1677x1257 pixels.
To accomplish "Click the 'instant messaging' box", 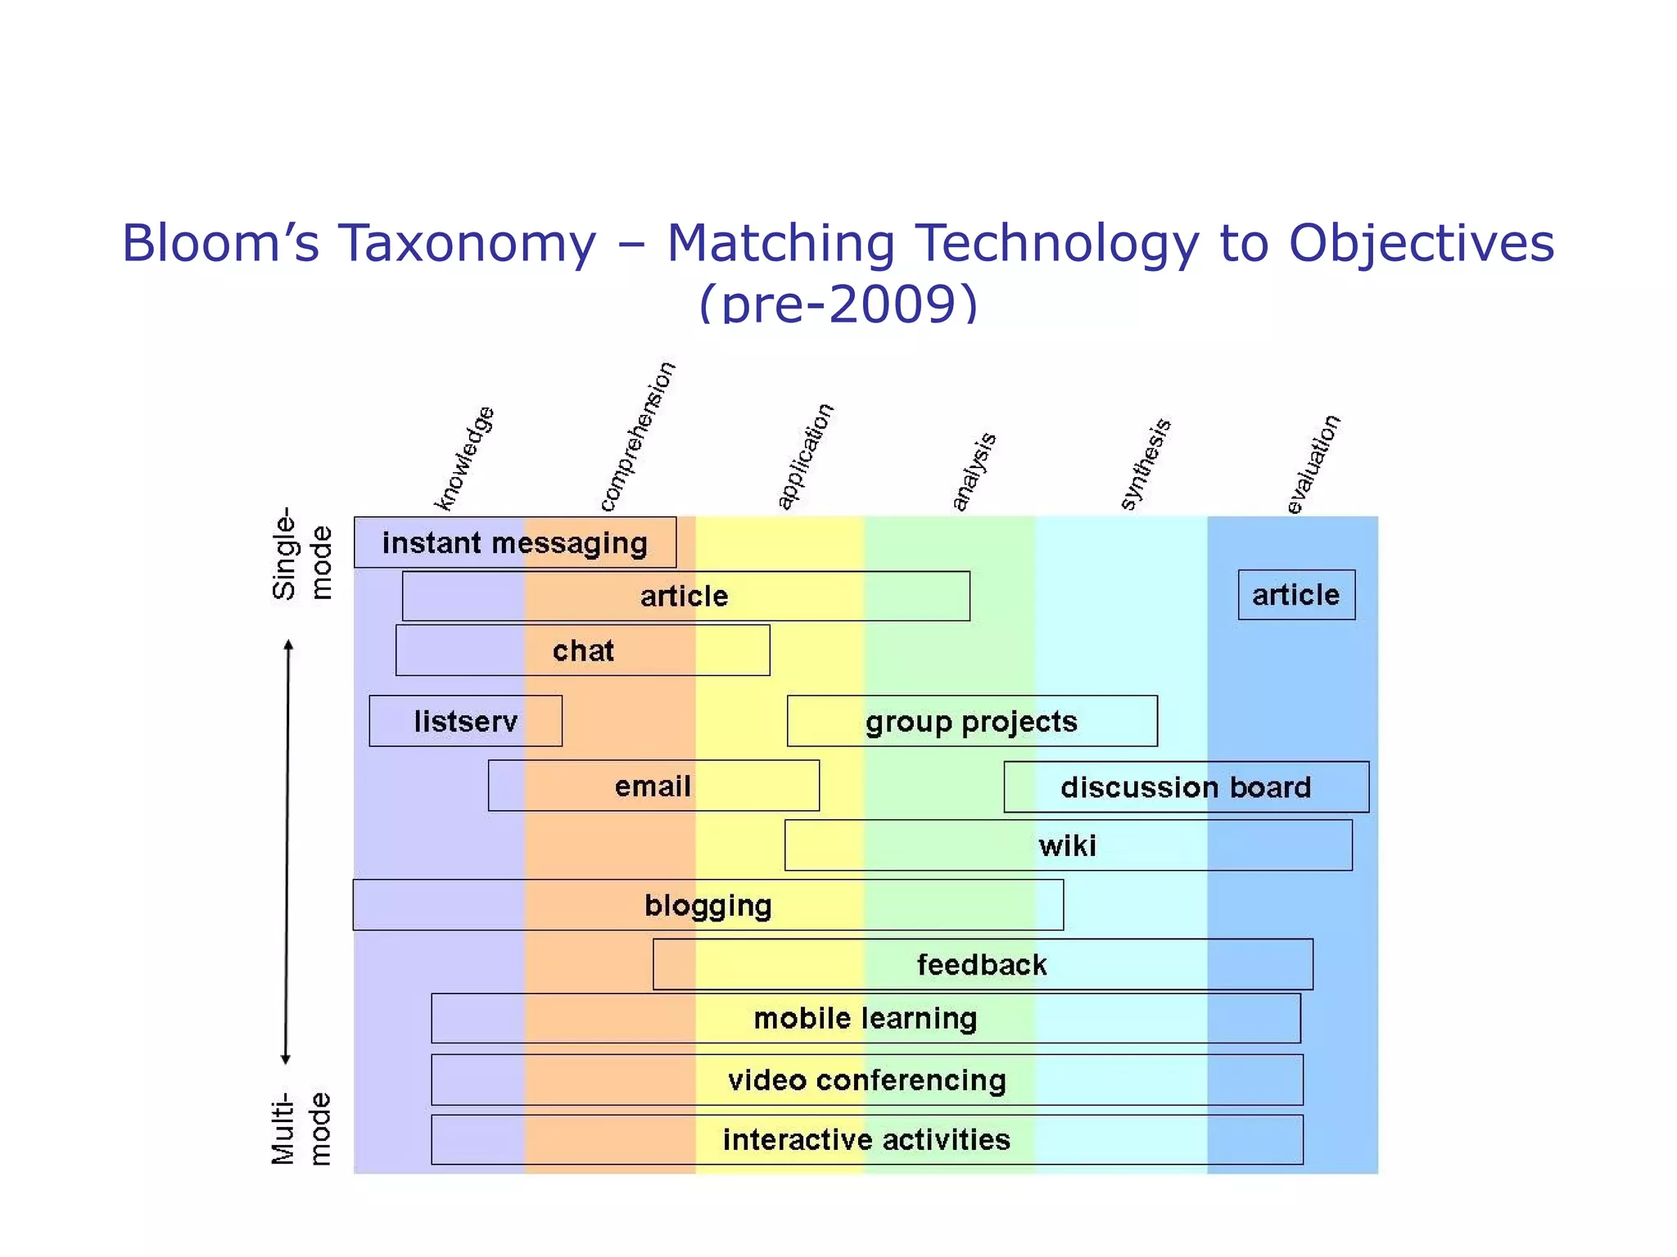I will tap(515, 543).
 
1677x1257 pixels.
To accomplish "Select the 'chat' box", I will tap(582, 651).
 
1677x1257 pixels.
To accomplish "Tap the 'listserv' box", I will tap(465, 721).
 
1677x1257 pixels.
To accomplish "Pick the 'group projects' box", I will tap(972, 721).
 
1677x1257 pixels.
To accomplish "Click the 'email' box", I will tap(653, 786).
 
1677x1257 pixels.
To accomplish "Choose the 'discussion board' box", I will tap(1186, 786).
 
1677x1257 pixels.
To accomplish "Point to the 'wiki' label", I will tap(1067, 845).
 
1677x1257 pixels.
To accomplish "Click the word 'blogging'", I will tap(708, 905).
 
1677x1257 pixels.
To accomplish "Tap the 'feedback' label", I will tap(982, 964).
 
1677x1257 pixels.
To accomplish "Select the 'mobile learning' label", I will tap(866, 1018).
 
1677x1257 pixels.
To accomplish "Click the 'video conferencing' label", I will tap(867, 1080).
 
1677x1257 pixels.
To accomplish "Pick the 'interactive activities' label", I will tap(866, 1139).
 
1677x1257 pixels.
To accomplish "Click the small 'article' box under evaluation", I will tap(1296, 595).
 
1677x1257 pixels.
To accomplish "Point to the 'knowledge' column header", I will tap(464, 458).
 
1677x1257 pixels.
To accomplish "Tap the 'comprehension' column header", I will tap(637, 437).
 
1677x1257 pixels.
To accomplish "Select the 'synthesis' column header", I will tap(1145, 464).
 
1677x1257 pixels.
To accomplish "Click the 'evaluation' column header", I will tap(1313, 465).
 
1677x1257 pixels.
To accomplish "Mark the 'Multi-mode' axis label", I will tap(302, 1128).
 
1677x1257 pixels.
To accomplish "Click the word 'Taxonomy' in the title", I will tap(468, 243).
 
